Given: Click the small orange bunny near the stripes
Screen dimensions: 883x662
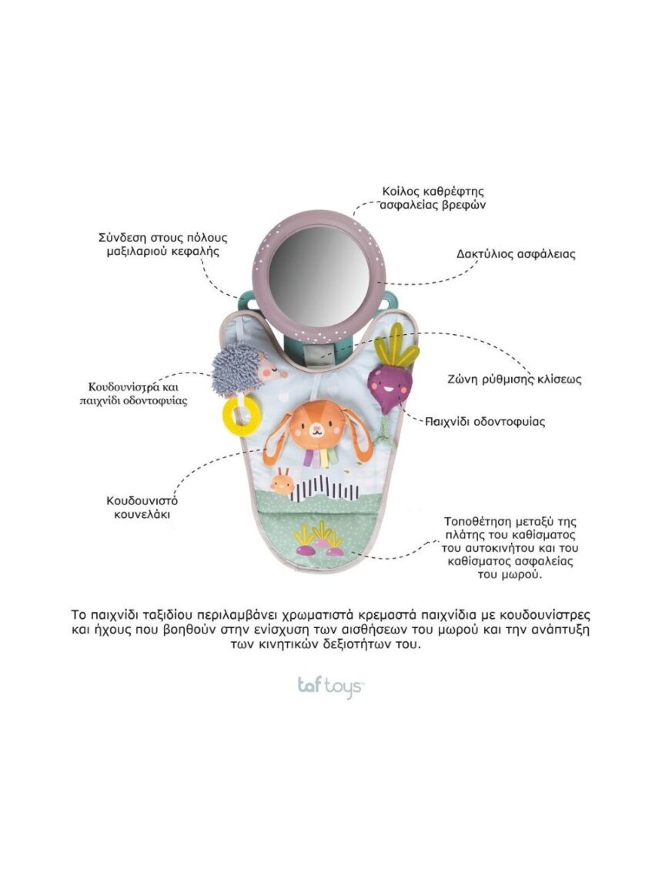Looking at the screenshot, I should coord(282,483).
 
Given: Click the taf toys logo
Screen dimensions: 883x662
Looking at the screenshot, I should coord(330,685).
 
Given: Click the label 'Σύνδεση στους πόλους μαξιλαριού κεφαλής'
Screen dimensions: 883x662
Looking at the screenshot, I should coord(162,244).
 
